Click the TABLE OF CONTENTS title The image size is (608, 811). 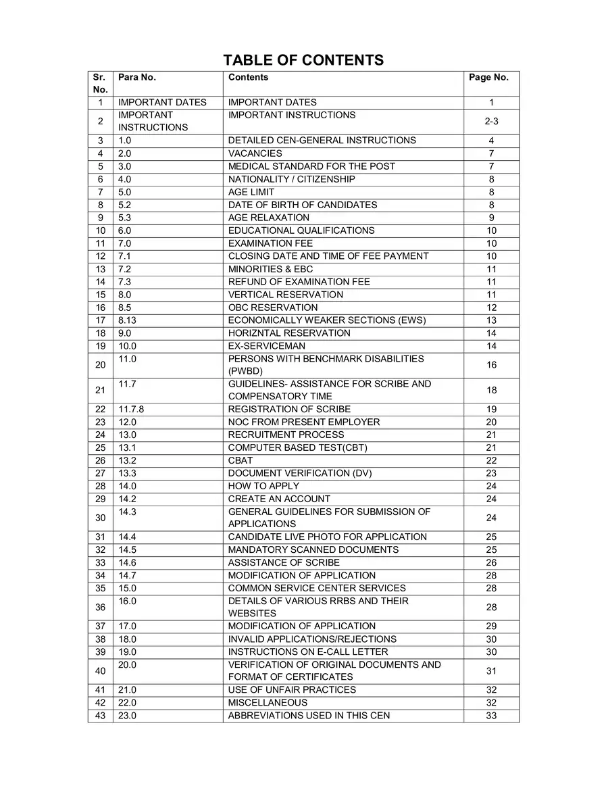click(x=303, y=60)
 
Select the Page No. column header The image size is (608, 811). click(x=488, y=77)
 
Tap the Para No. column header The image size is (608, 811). click(x=137, y=77)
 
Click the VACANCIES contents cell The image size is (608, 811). click(x=255, y=153)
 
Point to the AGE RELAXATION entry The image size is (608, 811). click(x=268, y=218)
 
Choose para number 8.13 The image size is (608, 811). click(x=127, y=320)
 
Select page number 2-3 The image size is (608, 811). click(x=491, y=122)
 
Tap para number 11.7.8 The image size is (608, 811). click(x=131, y=409)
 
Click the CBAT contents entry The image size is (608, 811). click(x=240, y=460)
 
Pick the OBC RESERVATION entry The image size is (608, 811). click(x=272, y=308)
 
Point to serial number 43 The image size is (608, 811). click(x=100, y=716)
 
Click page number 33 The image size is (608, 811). click(x=491, y=716)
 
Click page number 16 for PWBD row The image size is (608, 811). click(x=491, y=365)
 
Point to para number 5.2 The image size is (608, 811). click(x=124, y=205)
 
